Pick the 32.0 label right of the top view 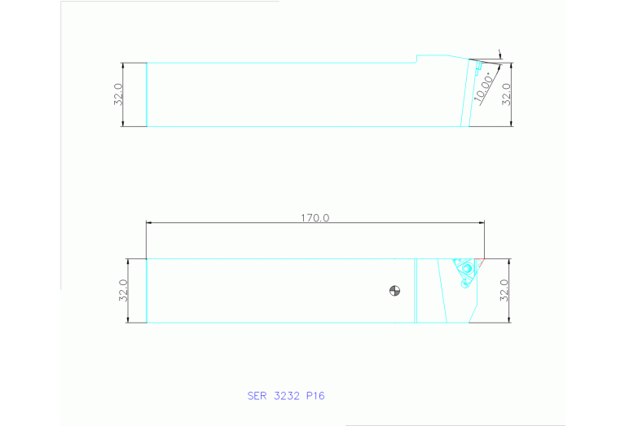click(505, 94)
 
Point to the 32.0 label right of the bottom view click(503, 291)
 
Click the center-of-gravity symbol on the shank click(394, 291)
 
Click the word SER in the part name click(257, 396)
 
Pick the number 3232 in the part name click(287, 396)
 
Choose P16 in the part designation click(316, 396)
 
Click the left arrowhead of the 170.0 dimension click(149, 223)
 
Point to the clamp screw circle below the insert click(464, 283)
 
